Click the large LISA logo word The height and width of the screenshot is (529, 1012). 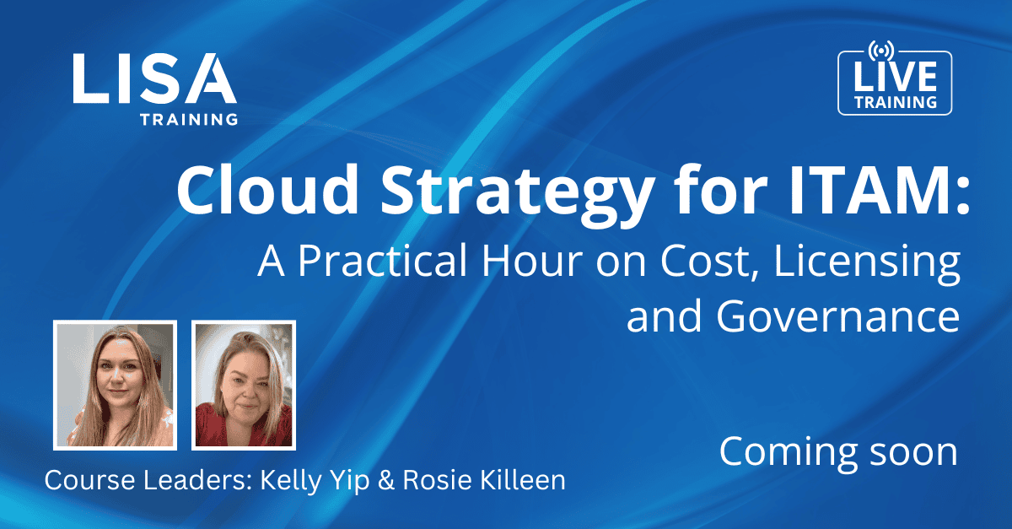(154, 78)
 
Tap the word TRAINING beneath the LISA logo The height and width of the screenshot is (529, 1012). (189, 119)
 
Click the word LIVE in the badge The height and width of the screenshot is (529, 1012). (895, 77)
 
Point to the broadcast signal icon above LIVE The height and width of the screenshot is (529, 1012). (881, 50)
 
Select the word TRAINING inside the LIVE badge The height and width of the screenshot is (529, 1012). (896, 102)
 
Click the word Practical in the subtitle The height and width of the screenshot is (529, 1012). (382, 262)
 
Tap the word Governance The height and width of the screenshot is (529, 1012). (838, 316)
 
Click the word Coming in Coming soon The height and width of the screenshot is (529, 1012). (789, 454)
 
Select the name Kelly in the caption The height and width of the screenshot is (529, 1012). (287, 480)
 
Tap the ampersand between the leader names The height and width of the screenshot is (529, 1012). (386, 481)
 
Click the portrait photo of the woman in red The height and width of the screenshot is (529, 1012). (244, 386)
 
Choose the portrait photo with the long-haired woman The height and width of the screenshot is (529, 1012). (116, 386)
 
